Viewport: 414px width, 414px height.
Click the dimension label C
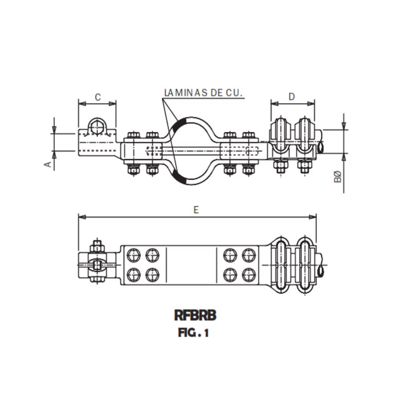tap(97, 97)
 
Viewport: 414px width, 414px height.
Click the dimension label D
tap(292, 97)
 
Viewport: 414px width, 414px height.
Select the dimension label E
tap(196, 210)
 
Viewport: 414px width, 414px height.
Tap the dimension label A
tap(48, 164)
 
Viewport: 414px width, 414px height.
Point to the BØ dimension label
tap(337, 177)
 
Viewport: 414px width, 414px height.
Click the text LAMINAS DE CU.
tap(204, 93)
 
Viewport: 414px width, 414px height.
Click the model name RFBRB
tap(195, 315)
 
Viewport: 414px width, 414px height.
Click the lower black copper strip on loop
tap(179, 177)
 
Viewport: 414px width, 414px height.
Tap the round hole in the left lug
tap(97, 126)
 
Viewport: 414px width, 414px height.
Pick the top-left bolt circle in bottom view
tap(133, 255)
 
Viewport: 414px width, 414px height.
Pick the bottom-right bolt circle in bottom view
tap(249, 274)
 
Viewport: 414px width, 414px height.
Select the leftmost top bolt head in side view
tap(133, 135)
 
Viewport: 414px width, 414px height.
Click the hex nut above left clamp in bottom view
tap(97, 246)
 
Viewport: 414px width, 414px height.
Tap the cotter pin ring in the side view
tap(320, 147)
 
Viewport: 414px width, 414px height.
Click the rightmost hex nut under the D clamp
tap(305, 166)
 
